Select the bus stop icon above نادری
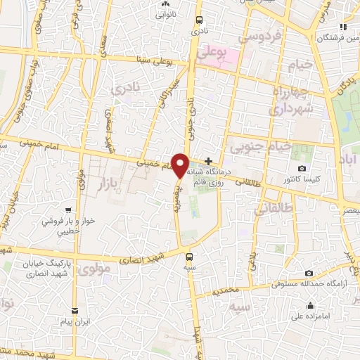click(200, 20)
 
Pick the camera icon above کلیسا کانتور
click(302, 168)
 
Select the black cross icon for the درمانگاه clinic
click(208, 161)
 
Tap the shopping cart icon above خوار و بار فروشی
click(68, 210)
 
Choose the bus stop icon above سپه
click(190, 256)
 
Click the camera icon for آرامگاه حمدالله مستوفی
click(309, 273)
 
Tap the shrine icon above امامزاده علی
click(310, 305)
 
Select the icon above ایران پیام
click(75, 309)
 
